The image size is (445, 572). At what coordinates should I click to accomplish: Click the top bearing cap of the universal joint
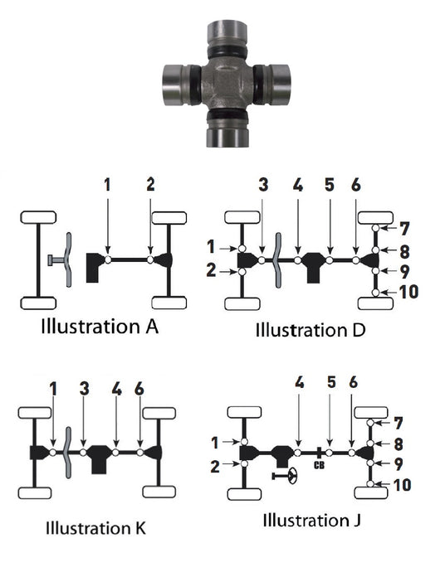[x=227, y=35]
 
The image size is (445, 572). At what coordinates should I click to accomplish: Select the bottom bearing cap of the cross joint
[x=227, y=133]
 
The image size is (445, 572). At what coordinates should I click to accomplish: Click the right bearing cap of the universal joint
[x=277, y=85]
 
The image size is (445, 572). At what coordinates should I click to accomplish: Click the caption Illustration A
[x=100, y=326]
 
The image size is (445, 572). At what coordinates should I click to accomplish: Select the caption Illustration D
[x=311, y=330]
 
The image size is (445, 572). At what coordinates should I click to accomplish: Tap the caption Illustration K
[x=95, y=528]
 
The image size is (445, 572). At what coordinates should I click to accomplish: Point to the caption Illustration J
[x=311, y=520]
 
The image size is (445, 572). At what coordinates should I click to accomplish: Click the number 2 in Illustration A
[x=150, y=185]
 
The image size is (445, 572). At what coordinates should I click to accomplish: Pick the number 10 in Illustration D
[x=408, y=292]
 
